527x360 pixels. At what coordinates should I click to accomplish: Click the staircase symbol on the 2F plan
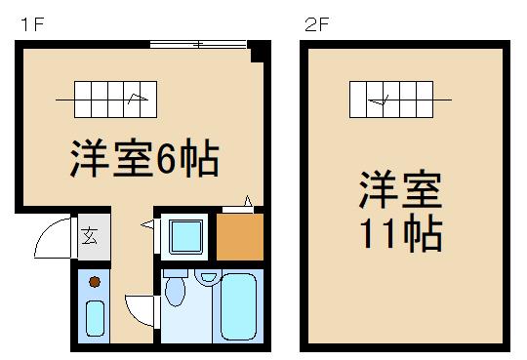click(x=400, y=98)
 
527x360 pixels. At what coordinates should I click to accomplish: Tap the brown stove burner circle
click(x=95, y=282)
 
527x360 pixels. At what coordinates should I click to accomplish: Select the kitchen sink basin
click(x=95, y=317)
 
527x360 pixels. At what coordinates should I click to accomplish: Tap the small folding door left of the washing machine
click(x=147, y=225)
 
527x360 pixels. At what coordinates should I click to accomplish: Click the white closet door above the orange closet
click(x=239, y=206)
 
